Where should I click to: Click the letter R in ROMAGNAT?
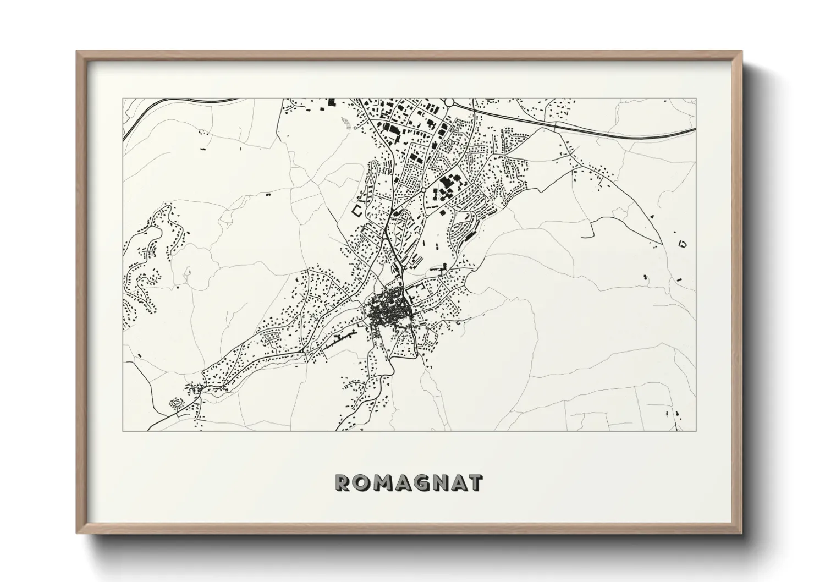(343, 483)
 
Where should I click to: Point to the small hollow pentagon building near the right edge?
(684, 243)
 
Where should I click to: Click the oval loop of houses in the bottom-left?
(177, 403)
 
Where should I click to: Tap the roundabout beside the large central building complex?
(424, 190)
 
